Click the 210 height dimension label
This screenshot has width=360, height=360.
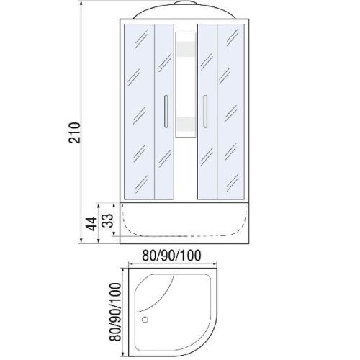coord(74,132)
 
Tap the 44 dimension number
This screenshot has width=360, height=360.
coord(92,224)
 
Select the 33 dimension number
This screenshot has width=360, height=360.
coord(107,220)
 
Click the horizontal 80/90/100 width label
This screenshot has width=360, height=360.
coord(171,256)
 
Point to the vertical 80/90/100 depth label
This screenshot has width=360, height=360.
coord(114,312)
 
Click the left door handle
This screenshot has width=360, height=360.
coord(166,112)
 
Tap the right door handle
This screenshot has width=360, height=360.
coord(205,112)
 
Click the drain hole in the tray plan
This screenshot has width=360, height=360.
coord(145,320)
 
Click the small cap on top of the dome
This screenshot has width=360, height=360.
coord(185,3)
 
